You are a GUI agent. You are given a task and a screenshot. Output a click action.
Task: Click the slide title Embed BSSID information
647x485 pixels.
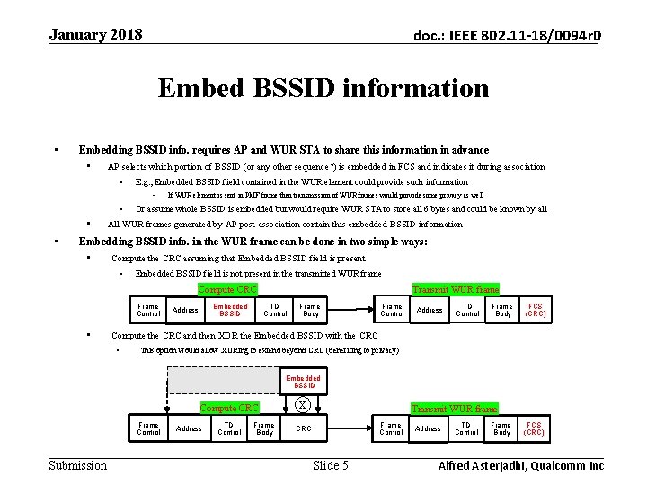(323, 88)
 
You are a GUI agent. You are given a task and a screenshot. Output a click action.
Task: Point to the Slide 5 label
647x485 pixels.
(330, 464)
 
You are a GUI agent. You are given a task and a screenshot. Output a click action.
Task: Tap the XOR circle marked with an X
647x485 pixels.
(303, 404)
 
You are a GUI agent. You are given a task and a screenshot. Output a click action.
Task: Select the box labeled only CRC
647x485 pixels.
(304, 428)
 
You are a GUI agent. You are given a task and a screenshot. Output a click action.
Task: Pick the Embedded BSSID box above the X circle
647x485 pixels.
(303, 382)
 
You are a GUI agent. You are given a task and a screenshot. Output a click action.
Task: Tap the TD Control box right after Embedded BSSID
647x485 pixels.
(276, 311)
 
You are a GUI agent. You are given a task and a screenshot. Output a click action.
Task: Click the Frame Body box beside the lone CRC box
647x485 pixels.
(263, 428)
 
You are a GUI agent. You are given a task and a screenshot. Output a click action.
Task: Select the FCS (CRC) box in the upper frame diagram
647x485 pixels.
(535, 311)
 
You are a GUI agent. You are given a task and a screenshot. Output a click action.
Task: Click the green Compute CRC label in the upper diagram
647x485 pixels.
(226, 289)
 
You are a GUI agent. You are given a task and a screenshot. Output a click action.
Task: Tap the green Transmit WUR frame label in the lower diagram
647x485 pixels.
(454, 409)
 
